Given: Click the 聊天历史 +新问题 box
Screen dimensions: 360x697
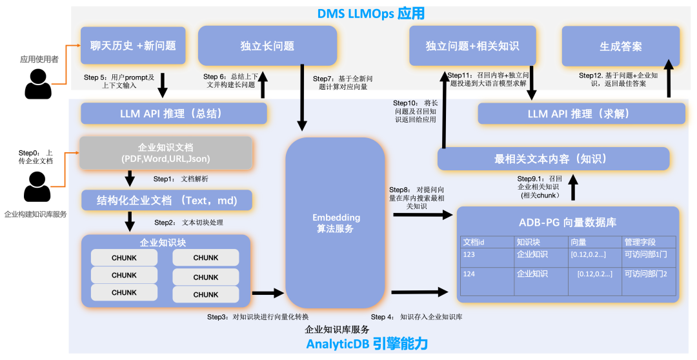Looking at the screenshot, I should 133,46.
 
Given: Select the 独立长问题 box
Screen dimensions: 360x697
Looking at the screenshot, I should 267,46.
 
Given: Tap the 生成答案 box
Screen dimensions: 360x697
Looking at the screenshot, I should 620,46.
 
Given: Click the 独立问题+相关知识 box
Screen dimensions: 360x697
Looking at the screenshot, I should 472,46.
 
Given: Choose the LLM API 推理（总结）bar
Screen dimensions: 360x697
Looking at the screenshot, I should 174,114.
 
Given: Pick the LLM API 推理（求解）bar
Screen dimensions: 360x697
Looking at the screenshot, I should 581,114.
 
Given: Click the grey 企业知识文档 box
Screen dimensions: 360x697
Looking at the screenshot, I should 165,152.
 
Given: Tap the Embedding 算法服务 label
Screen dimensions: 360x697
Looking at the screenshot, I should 336,223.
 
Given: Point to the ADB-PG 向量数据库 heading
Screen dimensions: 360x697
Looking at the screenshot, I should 567,222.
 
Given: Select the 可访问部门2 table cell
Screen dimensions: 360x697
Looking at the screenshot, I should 645,274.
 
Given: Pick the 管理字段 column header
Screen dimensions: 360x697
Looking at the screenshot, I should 640,242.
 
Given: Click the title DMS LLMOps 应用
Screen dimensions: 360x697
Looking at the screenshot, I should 370,14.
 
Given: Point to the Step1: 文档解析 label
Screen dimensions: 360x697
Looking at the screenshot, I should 180,179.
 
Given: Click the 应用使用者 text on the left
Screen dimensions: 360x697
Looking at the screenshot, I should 39,59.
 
